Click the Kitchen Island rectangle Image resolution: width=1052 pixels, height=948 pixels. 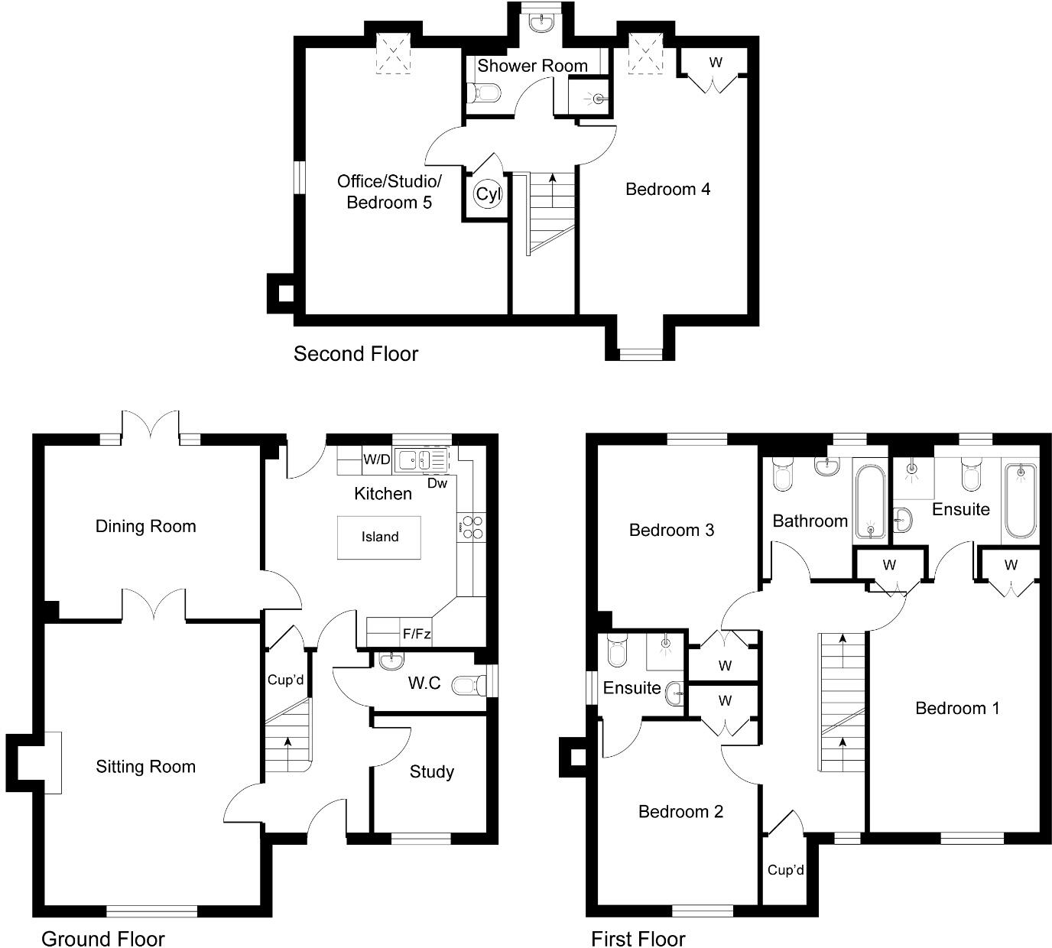tap(379, 537)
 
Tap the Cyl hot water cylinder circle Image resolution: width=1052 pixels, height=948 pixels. tap(488, 194)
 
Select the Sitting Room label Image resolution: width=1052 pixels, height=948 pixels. tap(145, 767)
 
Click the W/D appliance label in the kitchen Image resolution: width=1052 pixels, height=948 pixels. tap(376, 459)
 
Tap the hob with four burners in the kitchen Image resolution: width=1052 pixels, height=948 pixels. tap(471, 527)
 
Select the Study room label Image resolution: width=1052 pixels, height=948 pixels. tap(431, 772)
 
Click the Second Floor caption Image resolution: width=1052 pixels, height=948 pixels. tap(356, 354)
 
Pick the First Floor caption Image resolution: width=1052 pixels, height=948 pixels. tap(638, 938)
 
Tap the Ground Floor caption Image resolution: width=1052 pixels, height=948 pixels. tap(102, 938)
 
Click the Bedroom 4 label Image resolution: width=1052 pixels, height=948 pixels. tap(667, 189)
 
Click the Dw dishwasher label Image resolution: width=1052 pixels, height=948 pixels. tap(437, 483)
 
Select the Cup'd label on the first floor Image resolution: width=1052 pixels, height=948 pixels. tap(785, 870)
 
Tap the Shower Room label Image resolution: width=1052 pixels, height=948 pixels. tap(532, 66)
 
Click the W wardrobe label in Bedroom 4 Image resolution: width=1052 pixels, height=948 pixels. tap(715, 63)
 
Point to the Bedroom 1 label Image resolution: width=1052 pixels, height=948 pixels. tap(956, 708)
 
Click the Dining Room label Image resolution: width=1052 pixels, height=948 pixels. tap(145, 526)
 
